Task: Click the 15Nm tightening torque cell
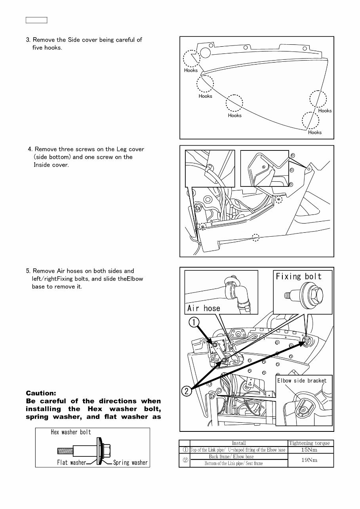pos(310,450)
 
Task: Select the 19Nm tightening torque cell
pos(310,460)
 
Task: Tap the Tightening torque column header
pos(310,443)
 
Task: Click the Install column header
pos(238,443)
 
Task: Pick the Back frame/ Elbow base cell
pos(231,456)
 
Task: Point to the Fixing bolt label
pos(299,276)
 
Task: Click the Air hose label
pos(204,308)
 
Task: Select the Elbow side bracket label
pos(302,381)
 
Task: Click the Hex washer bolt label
pos(71,432)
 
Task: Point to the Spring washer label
pos(130,462)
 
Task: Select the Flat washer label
pos(71,462)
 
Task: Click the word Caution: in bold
pos(41,393)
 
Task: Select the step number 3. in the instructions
pos(28,40)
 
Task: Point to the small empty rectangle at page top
pos(36,20)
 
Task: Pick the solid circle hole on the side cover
pos(205,52)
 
